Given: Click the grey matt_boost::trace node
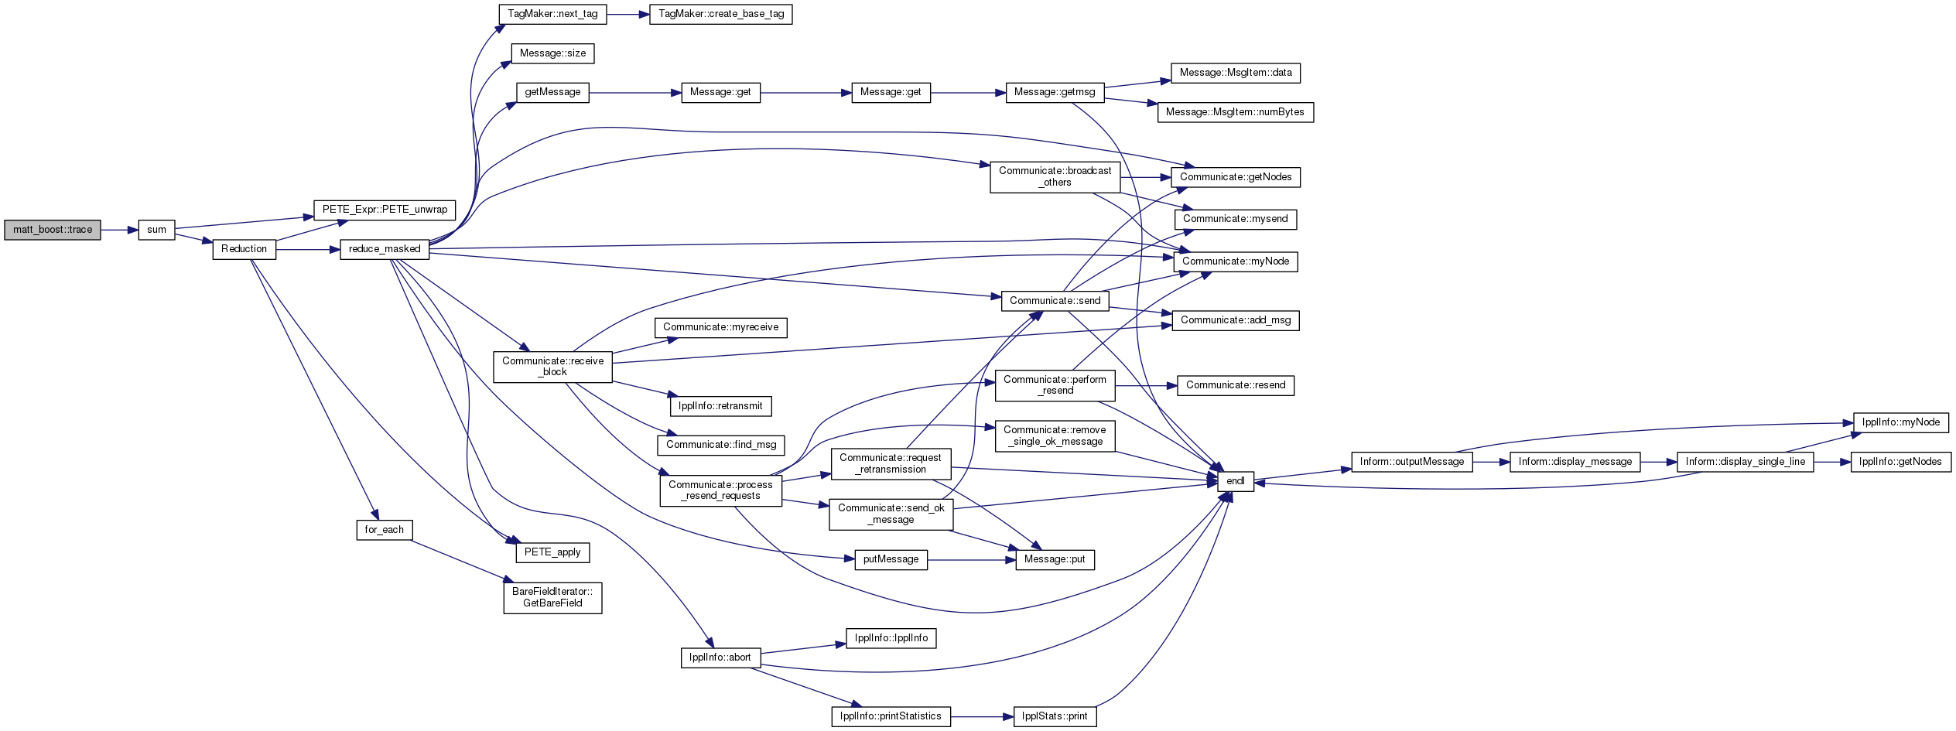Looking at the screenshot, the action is (x=53, y=230).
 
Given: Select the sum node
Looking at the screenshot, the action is (x=156, y=230).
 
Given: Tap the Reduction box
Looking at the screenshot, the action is (x=244, y=249).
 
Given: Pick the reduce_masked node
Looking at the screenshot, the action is (x=385, y=249).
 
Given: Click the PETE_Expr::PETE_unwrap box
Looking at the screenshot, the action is (x=385, y=210).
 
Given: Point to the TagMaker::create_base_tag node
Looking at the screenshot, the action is (x=721, y=14).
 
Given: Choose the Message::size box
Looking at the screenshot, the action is (x=552, y=53).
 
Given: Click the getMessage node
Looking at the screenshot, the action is (x=552, y=92).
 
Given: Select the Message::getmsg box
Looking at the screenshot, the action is (x=1055, y=92).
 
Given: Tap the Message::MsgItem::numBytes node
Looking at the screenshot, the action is (x=1235, y=112).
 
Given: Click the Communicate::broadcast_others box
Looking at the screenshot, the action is (x=1055, y=176).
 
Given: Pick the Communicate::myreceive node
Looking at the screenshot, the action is (x=721, y=327).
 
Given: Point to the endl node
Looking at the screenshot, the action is (x=1236, y=481).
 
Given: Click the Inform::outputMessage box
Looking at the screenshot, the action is (x=1412, y=462).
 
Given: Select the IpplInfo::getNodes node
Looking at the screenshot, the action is (x=1900, y=462).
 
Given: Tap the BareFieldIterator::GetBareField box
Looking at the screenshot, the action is (x=552, y=598).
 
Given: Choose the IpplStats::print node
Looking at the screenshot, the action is (x=1055, y=716).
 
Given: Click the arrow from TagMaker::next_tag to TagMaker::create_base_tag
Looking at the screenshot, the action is (x=628, y=14).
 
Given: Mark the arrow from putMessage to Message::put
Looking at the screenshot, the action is (x=972, y=560).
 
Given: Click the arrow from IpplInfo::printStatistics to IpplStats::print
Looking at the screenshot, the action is (x=982, y=716).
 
